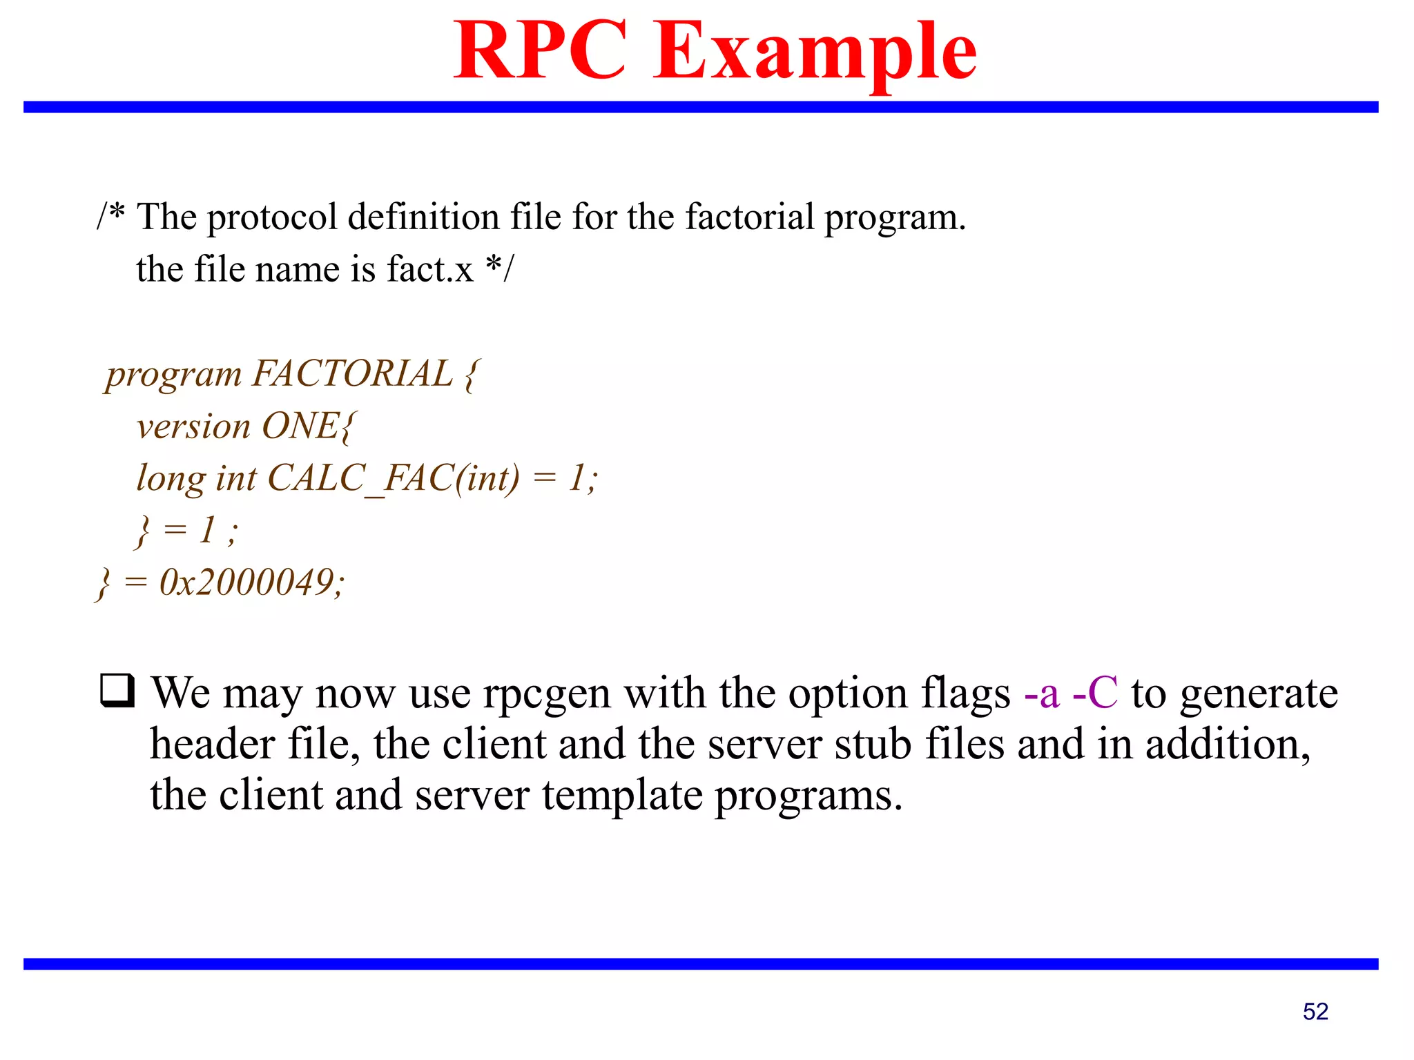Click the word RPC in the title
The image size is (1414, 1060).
point(540,51)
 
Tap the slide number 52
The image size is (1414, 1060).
point(1315,1011)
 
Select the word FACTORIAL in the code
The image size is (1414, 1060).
point(352,373)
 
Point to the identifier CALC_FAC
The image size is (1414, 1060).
point(359,478)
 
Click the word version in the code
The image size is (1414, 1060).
point(193,426)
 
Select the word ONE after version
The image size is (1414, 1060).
point(301,426)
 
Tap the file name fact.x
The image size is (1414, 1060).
point(429,269)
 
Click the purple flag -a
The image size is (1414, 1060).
point(1041,693)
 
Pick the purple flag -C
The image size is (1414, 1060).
point(1095,693)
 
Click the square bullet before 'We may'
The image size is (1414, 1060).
point(117,690)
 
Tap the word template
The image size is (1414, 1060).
point(621,796)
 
